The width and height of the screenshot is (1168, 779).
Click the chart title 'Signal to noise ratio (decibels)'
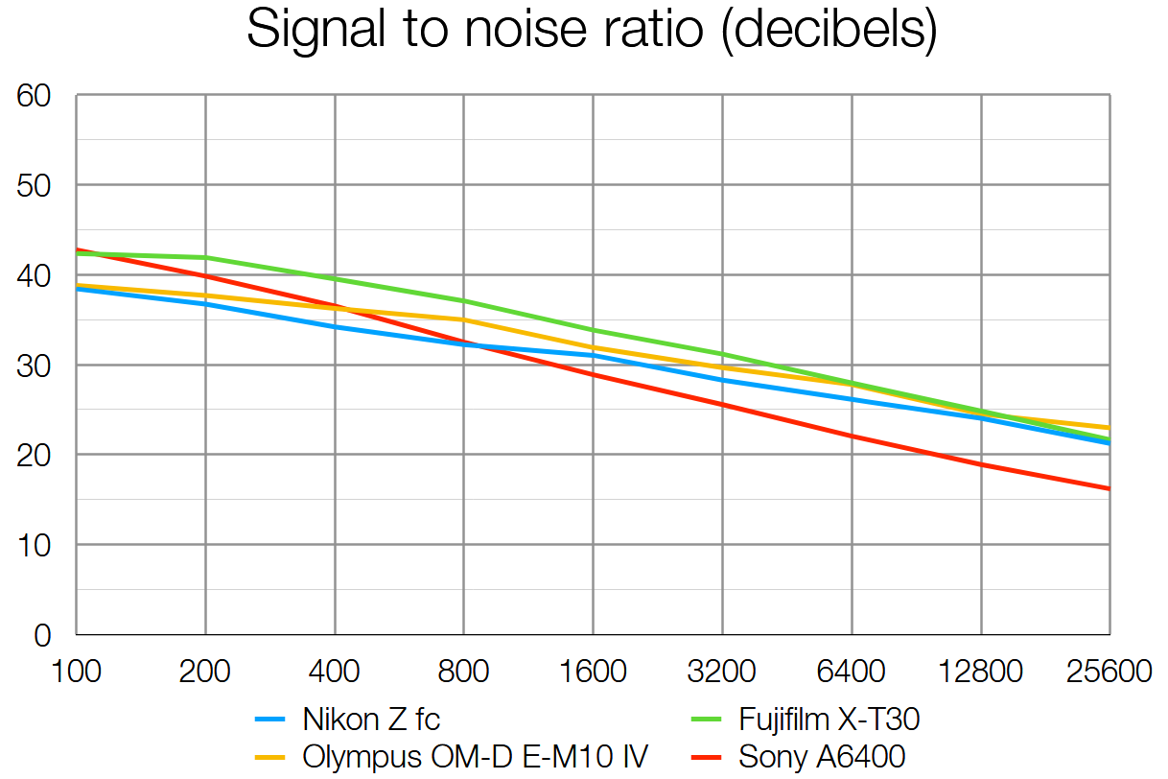click(591, 31)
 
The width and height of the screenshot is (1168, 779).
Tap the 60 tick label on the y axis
click(34, 96)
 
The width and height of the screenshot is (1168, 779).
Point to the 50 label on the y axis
click(34, 185)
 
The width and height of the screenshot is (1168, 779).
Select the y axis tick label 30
click(34, 366)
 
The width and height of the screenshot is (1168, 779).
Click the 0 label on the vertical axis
click(42, 635)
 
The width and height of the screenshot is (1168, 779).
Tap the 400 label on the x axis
click(335, 671)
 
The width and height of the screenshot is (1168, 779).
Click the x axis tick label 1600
click(593, 671)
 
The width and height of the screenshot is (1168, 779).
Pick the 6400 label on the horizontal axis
click(852, 671)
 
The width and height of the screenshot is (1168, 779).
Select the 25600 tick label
click(1109, 671)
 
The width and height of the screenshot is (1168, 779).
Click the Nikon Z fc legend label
click(371, 719)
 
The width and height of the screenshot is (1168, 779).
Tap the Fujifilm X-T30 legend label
click(829, 719)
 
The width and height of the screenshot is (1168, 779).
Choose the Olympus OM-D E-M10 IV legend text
click(475, 757)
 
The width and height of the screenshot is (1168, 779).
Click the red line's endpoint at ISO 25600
click(1110, 489)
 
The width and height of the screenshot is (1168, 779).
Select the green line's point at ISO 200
click(205, 257)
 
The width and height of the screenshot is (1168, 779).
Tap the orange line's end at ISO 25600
click(1110, 428)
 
